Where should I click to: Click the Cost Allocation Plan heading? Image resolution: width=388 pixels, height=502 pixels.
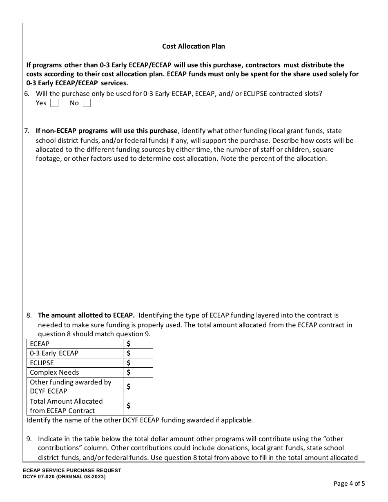click(x=193, y=46)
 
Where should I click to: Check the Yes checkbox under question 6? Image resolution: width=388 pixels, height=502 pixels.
click(x=54, y=103)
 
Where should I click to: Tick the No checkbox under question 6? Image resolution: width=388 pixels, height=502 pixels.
click(x=87, y=103)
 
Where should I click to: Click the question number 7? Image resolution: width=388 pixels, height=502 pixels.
click(x=27, y=131)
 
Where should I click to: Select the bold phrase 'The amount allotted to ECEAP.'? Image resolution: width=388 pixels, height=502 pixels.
click(x=86, y=315)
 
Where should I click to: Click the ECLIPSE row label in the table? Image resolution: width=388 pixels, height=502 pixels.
click(x=42, y=363)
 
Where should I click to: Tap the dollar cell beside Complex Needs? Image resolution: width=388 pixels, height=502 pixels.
click(x=138, y=372)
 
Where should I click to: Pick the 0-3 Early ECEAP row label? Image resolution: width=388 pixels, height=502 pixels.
click(x=54, y=353)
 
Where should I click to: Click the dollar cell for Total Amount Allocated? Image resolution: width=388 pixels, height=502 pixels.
click(x=138, y=406)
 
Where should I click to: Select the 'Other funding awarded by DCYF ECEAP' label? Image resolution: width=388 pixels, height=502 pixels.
click(x=70, y=386)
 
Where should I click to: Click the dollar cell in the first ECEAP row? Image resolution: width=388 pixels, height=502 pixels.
click(x=138, y=344)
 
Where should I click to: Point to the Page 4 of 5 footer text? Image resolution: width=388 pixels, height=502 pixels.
click(x=349, y=484)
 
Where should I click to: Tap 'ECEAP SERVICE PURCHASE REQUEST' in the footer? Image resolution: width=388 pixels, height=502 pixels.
click(x=72, y=471)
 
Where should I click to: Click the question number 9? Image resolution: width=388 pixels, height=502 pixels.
click(x=29, y=439)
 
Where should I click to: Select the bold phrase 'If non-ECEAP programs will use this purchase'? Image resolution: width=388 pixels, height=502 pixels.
click(x=107, y=131)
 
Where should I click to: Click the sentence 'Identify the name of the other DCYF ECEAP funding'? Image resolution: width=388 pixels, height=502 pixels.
click(x=140, y=420)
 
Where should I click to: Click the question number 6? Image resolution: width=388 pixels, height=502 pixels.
click(x=27, y=93)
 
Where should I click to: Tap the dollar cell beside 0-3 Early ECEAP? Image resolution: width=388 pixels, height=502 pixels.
click(x=138, y=353)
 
